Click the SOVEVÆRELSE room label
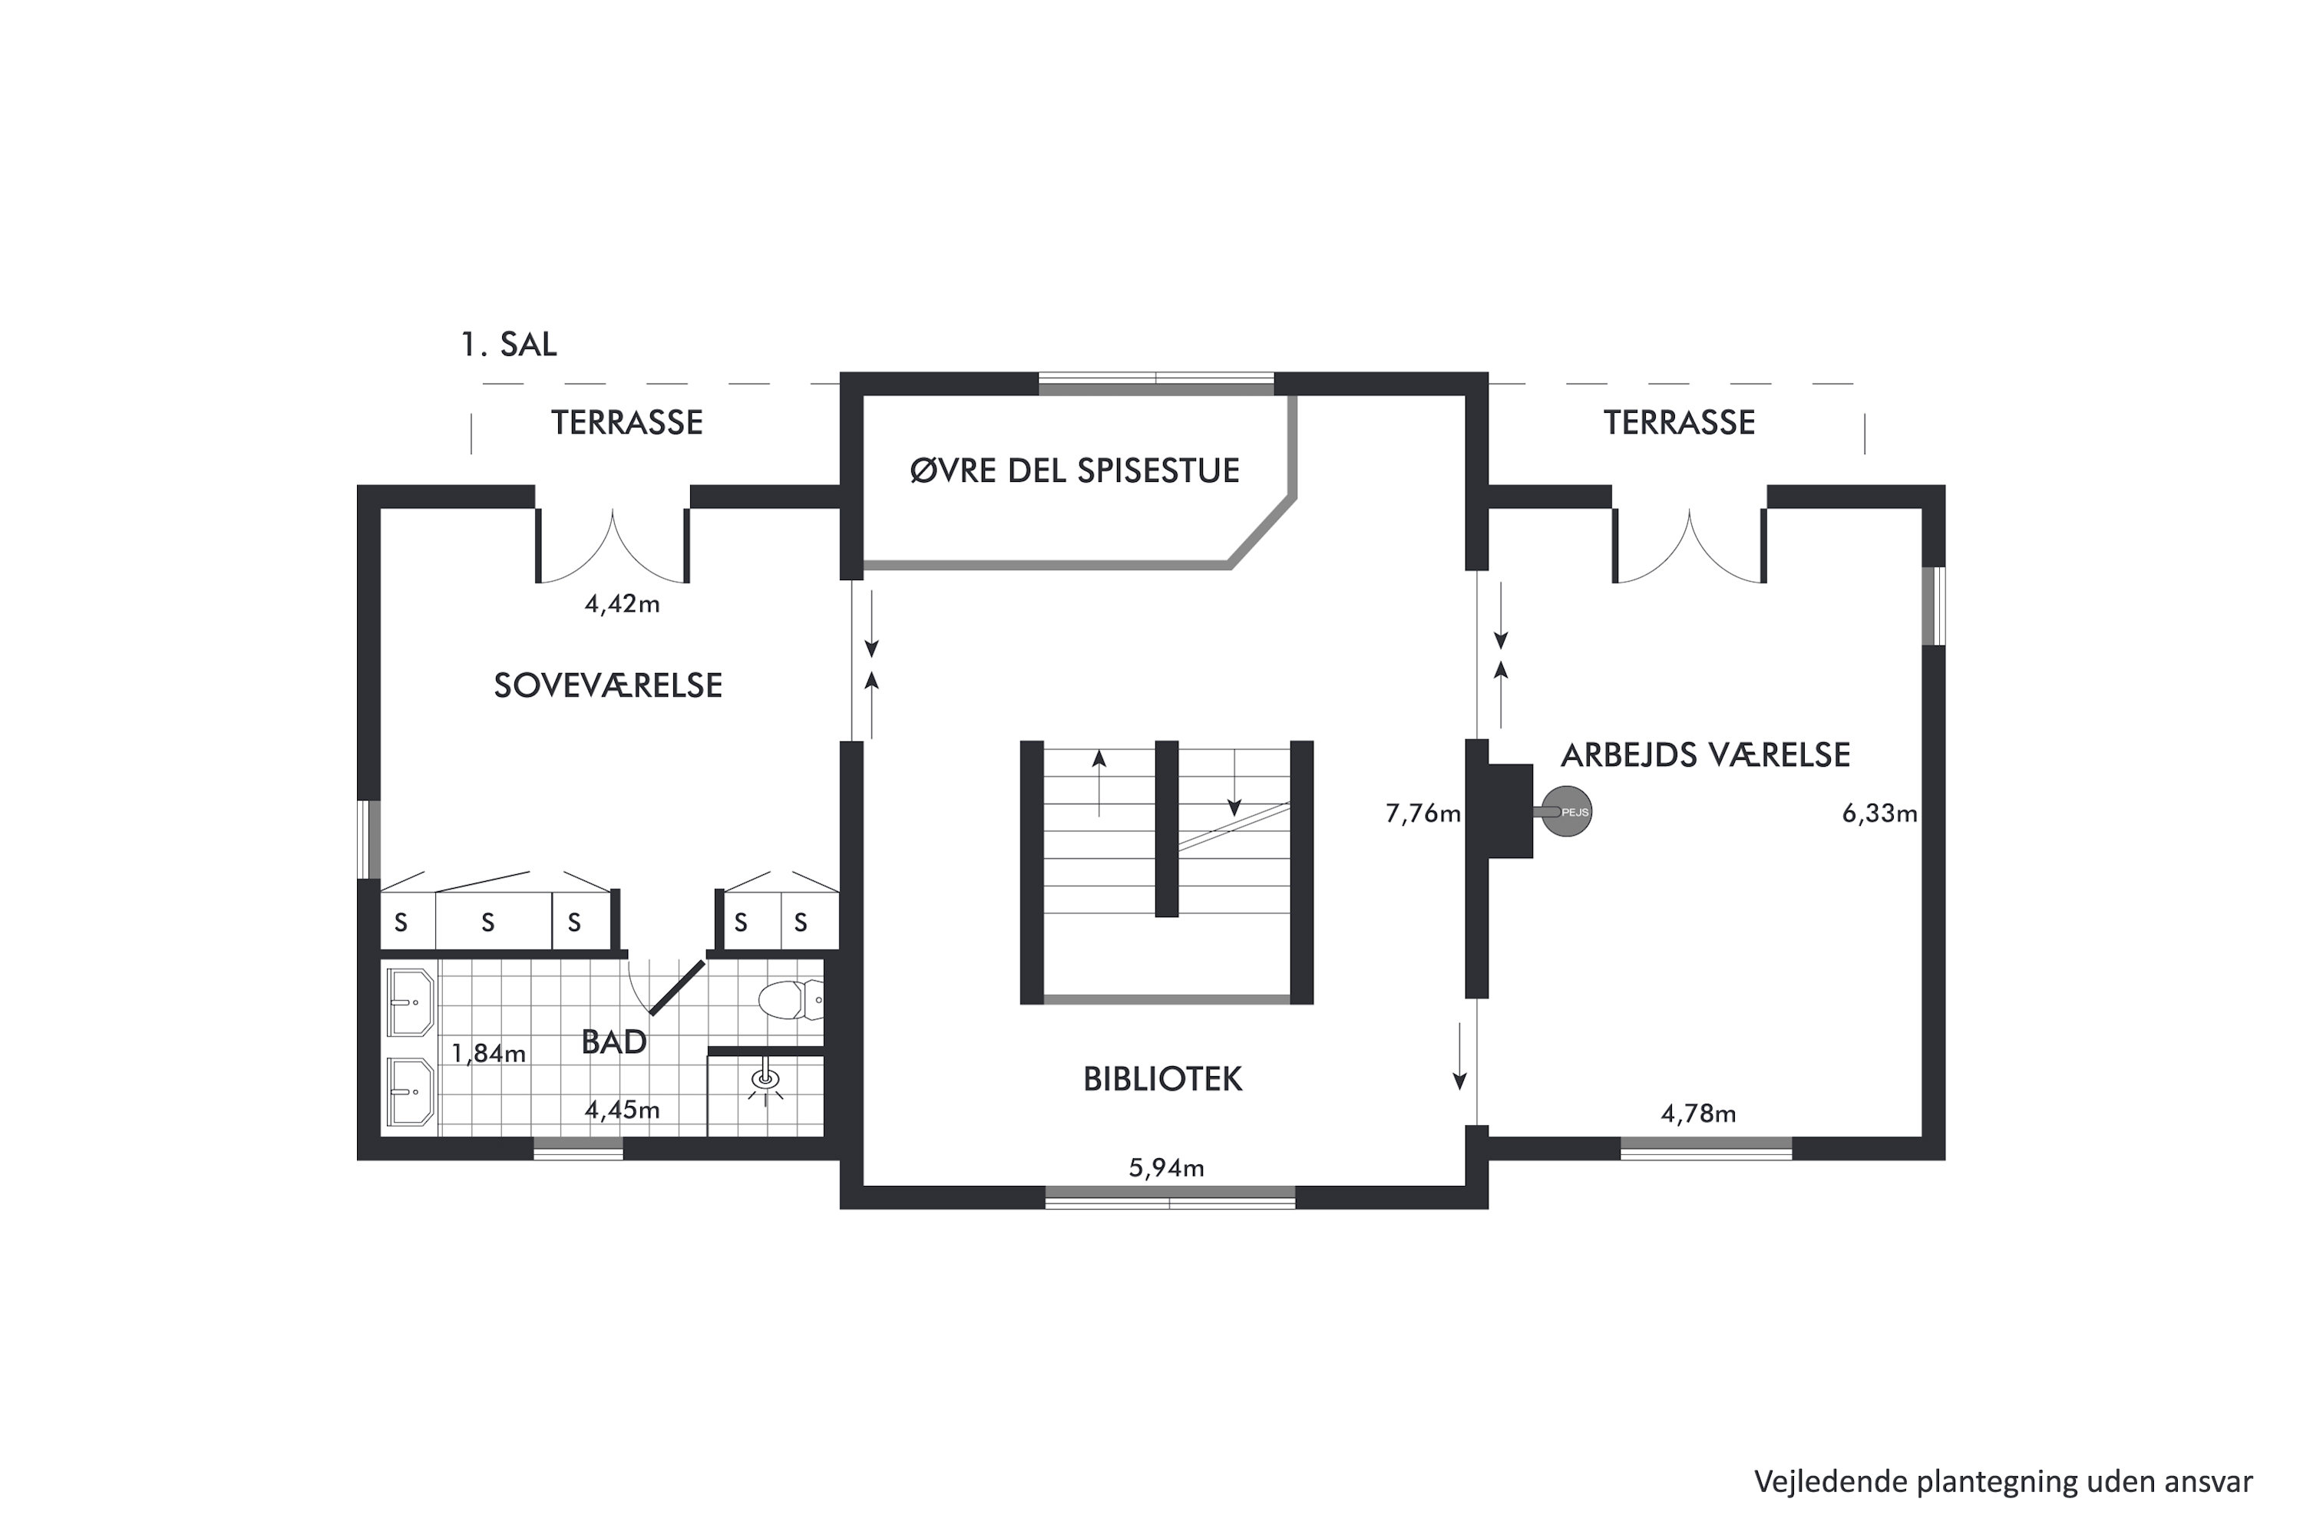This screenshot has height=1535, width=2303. point(608,685)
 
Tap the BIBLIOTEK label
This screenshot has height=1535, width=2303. point(1162,1079)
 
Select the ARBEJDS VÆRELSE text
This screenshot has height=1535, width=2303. point(1705,754)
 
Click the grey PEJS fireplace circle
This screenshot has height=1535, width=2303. point(1567,811)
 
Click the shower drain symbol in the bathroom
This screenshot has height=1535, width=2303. point(765,1080)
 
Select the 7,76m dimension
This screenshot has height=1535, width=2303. point(1422,814)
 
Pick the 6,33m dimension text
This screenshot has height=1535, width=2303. point(1879,814)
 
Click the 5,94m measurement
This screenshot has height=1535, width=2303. point(1166,1168)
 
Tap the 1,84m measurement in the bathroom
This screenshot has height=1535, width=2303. point(487,1053)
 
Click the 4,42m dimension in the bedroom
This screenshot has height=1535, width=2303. point(622,604)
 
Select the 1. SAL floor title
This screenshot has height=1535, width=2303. point(508,344)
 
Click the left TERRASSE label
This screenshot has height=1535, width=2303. point(626,422)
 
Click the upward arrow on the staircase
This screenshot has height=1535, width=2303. point(1099,783)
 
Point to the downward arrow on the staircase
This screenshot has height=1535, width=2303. point(1234,783)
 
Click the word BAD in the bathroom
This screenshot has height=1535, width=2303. point(614,1041)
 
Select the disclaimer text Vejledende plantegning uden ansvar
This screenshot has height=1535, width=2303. point(2004,1482)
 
